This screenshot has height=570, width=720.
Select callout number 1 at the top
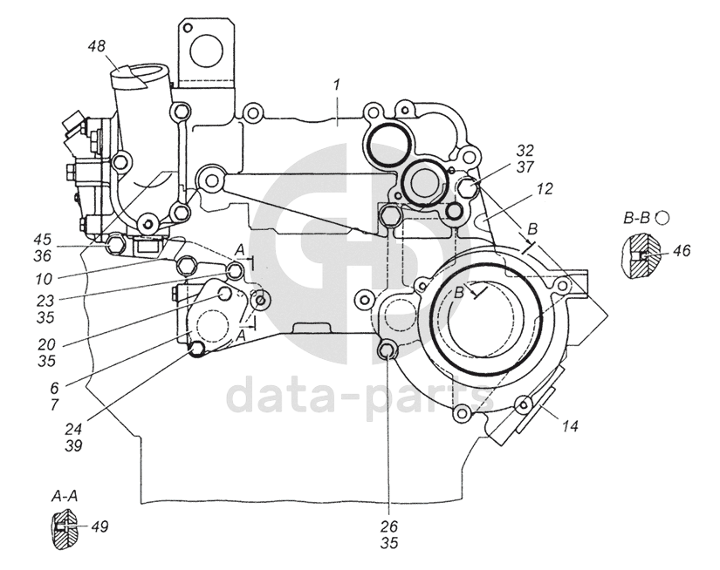(336, 84)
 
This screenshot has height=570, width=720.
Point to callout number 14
(571, 426)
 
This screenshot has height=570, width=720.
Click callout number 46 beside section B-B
(682, 251)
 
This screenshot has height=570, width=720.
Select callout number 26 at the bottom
(389, 526)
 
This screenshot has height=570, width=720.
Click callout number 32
(524, 149)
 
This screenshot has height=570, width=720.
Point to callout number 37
(524, 166)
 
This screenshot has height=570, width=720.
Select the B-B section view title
(639, 219)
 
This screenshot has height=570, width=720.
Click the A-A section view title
(63, 497)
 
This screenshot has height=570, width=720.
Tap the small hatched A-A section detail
(63, 528)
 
